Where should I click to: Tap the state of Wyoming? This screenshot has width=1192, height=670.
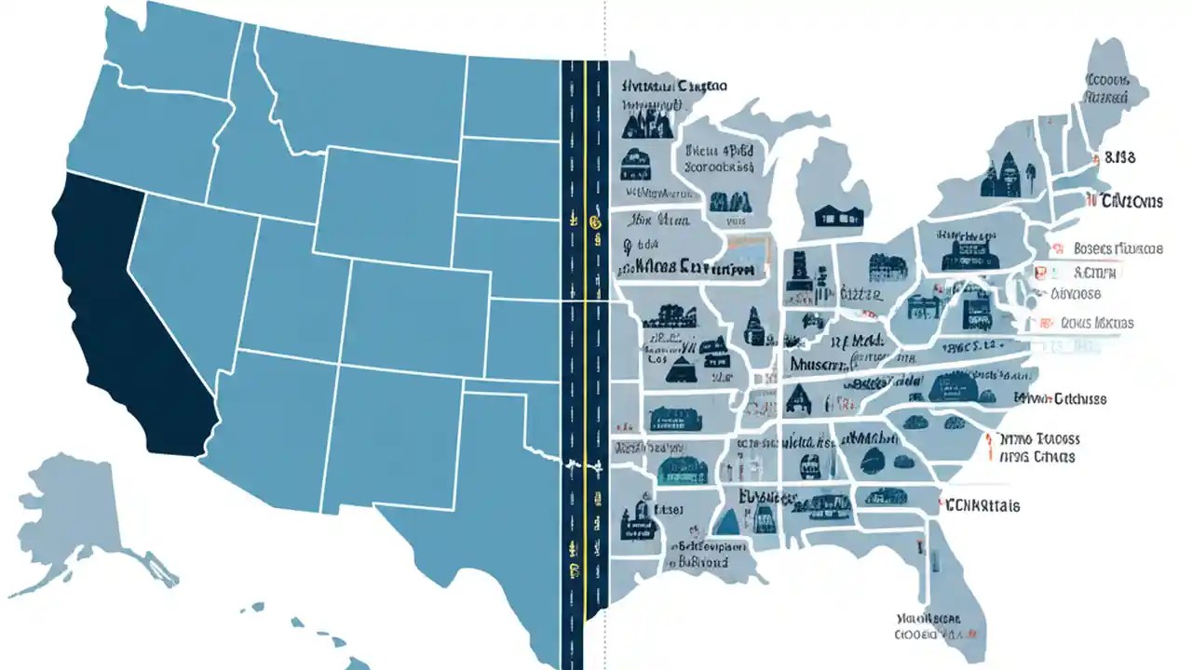382,200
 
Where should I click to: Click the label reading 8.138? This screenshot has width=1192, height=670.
1118,158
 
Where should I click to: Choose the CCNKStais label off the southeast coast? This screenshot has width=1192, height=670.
982,506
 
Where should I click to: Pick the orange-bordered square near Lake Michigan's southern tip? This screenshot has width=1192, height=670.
745,254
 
